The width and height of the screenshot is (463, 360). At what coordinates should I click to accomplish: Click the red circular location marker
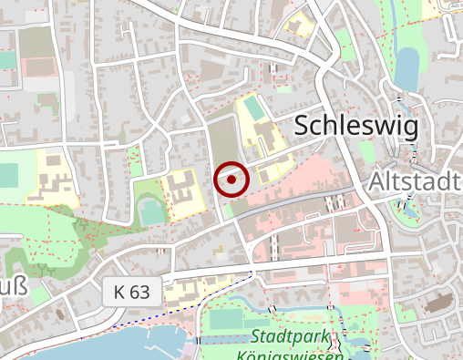click(231, 180)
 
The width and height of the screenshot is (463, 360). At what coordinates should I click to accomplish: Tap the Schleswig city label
click(357, 126)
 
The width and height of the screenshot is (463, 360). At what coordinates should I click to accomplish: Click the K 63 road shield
click(132, 293)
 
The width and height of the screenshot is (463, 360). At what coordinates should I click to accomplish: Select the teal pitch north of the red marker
click(252, 109)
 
